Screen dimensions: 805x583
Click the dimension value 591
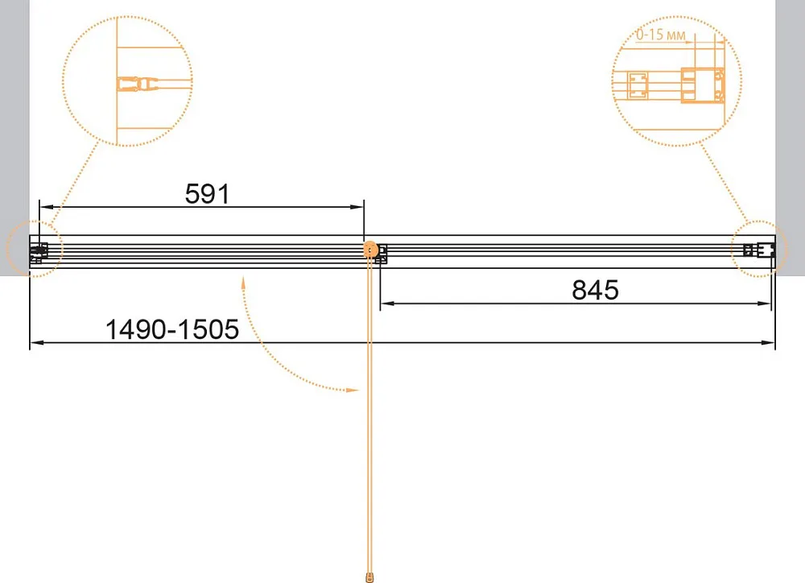click(x=208, y=193)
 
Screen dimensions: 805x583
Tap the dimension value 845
click(x=595, y=290)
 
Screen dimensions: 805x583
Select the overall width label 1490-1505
click(x=172, y=329)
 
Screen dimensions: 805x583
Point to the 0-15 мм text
click(x=661, y=35)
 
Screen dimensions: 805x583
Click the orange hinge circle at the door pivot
click(x=370, y=250)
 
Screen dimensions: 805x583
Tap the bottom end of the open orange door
click(x=369, y=578)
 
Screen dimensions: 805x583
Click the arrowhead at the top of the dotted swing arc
click(x=243, y=282)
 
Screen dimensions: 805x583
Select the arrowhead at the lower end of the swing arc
click(x=353, y=391)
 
